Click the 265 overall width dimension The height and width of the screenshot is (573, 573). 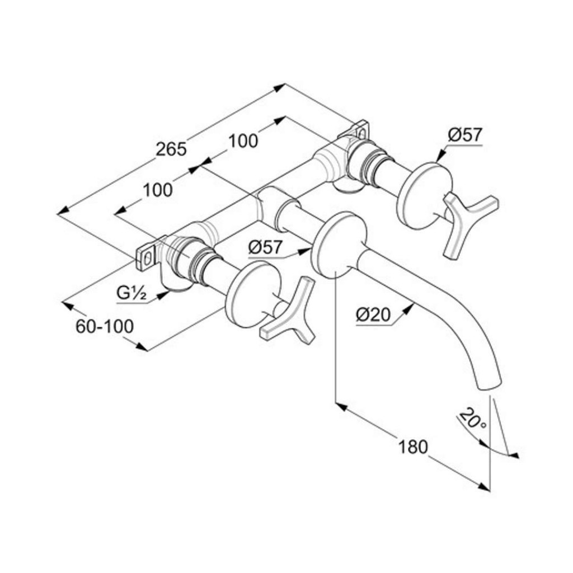[x=171, y=149]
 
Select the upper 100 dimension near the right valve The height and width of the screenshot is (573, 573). [x=243, y=140]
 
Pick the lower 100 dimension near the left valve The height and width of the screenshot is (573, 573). [x=157, y=190]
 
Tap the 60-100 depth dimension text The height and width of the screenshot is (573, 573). [x=105, y=326]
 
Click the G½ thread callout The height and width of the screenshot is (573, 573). [x=131, y=293]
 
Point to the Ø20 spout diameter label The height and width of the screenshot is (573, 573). [x=373, y=315]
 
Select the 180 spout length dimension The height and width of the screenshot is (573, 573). [x=412, y=447]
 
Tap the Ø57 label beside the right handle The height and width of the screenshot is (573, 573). [x=465, y=135]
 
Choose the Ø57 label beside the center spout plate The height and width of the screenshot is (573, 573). [x=265, y=247]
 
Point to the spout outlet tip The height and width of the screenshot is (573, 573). [x=489, y=386]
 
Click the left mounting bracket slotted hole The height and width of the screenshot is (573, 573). [x=147, y=260]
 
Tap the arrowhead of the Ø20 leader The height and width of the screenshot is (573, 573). [x=409, y=308]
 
